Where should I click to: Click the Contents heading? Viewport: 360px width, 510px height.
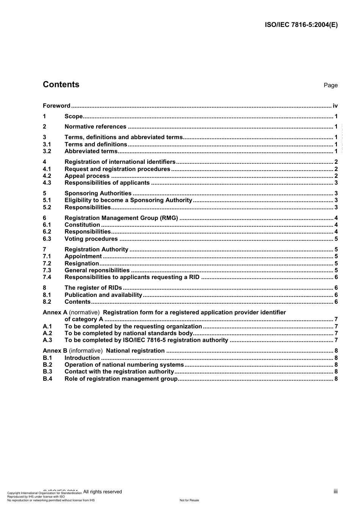[x=61, y=85]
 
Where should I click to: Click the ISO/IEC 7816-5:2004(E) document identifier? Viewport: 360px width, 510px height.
[x=301, y=25]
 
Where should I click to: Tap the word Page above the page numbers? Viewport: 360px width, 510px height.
[x=330, y=85]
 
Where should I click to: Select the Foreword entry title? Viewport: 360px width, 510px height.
[x=56, y=106]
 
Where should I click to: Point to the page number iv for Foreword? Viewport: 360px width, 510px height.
[x=335, y=106]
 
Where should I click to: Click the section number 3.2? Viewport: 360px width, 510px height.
[x=47, y=151]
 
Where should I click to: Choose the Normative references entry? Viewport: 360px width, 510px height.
[x=95, y=127]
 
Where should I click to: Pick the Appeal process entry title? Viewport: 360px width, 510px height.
[x=87, y=176]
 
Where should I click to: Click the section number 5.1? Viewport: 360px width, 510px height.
[x=47, y=200]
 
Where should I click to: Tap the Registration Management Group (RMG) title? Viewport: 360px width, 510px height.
[x=121, y=218]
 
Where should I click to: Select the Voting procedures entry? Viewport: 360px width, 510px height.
[x=91, y=239]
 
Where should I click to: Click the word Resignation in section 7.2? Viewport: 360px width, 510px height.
[x=82, y=264]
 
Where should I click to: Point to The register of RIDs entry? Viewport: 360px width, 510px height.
[x=94, y=288]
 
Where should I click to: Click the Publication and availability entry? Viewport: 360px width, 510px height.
[x=103, y=295]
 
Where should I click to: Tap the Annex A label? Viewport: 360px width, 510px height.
[x=55, y=312]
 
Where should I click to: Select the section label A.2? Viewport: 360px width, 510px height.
[x=47, y=333]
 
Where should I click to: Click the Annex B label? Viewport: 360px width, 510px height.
[x=55, y=351]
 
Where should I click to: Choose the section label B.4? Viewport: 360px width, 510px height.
[x=47, y=379]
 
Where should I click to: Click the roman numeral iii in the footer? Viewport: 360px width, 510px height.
[x=335, y=491]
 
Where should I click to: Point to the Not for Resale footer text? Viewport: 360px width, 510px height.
[x=189, y=500]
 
